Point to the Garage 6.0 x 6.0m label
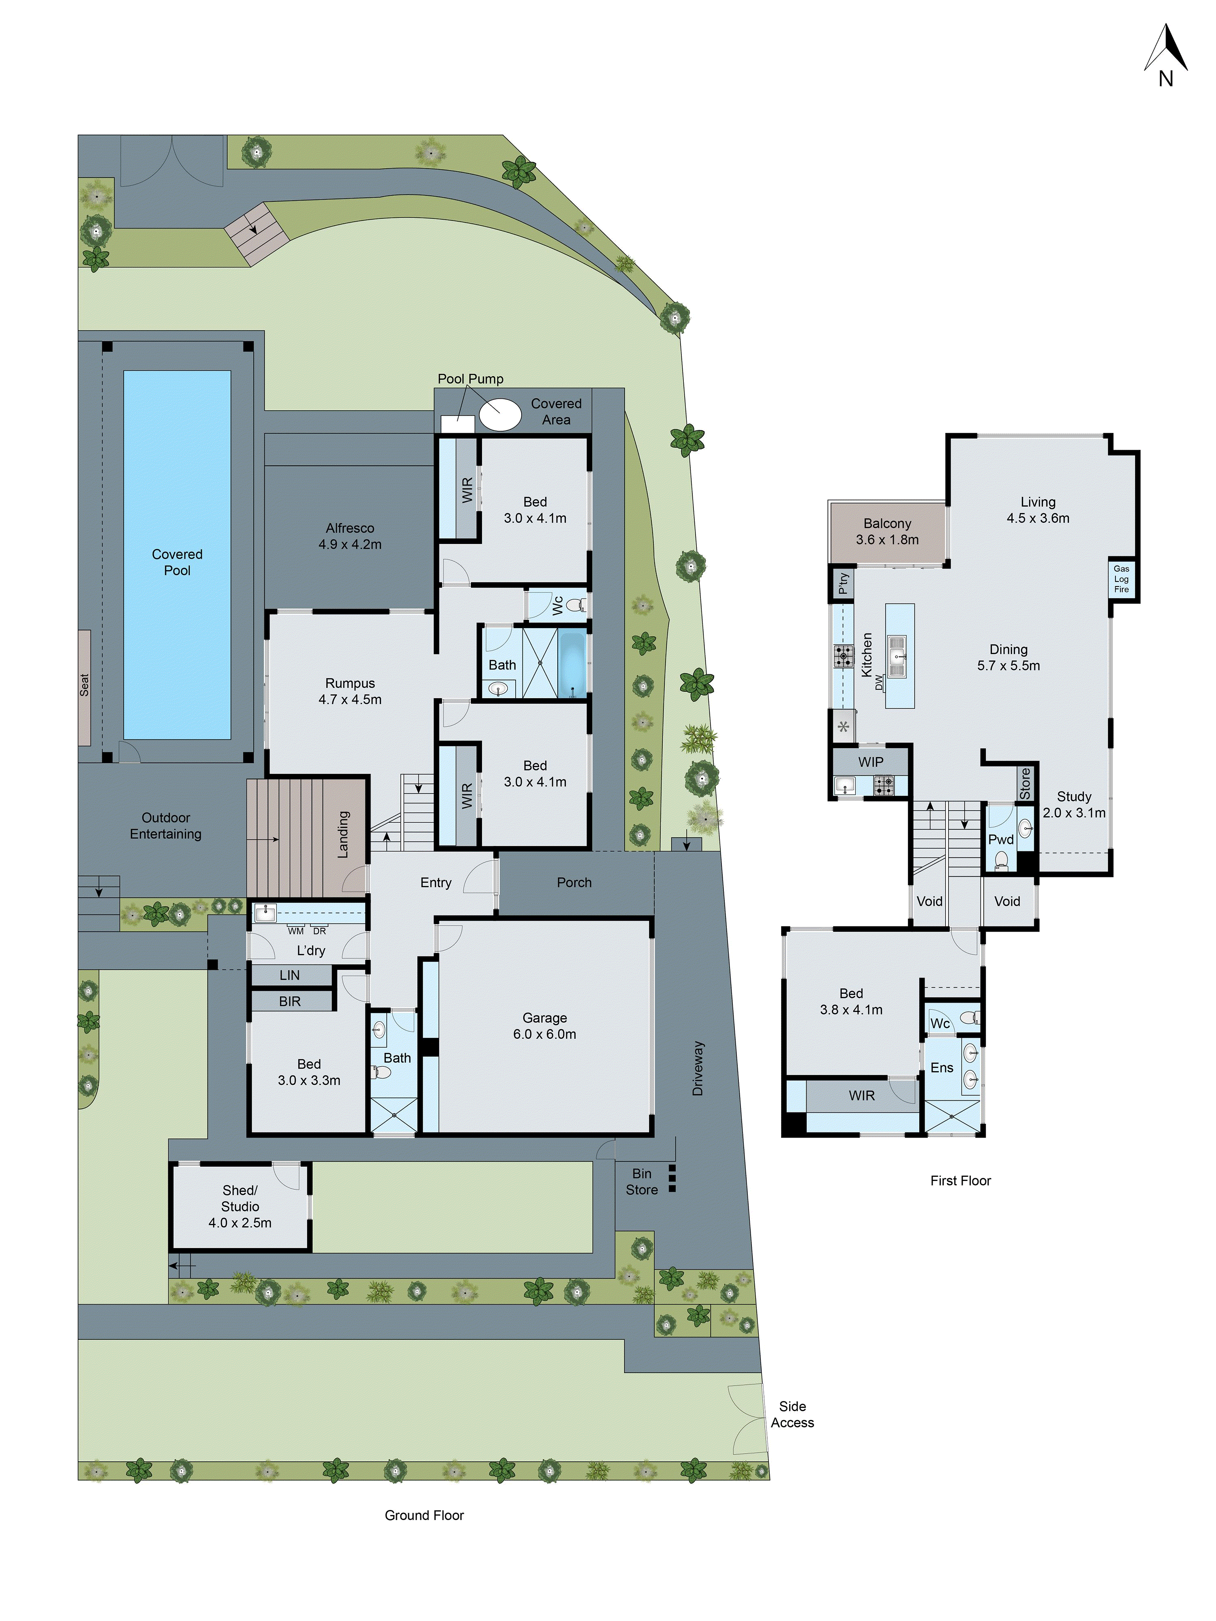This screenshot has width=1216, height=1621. (x=545, y=1026)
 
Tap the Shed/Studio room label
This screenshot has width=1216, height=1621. (x=240, y=1206)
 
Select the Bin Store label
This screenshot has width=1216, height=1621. (x=641, y=1181)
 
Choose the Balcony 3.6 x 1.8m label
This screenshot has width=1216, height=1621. (x=887, y=531)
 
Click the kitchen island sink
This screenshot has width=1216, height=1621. (x=897, y=656)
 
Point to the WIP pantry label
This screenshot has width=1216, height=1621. (x=871, y=762)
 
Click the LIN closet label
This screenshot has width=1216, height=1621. (x=289, y=975)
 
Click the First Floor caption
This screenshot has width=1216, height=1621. (x=960, y=1180)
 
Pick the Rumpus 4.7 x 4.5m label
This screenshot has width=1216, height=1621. (x=350, y=691)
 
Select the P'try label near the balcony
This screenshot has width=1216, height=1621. (x=843, y=583)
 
